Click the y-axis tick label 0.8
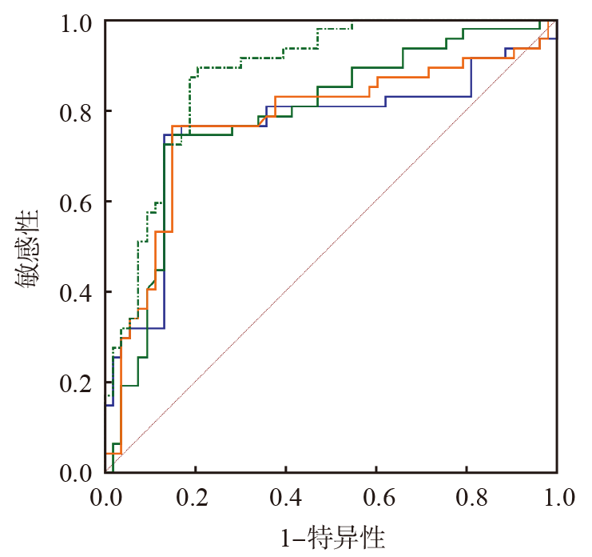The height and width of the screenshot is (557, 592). coord(77,111)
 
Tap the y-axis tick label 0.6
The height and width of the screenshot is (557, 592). coord(77,202)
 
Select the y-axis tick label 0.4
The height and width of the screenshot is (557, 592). coord(77,292)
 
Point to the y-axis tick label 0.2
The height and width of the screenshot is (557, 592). coord(77,383)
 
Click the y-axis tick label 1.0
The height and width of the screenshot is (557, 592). coord(77,22)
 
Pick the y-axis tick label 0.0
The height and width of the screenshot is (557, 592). coord(77,472)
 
